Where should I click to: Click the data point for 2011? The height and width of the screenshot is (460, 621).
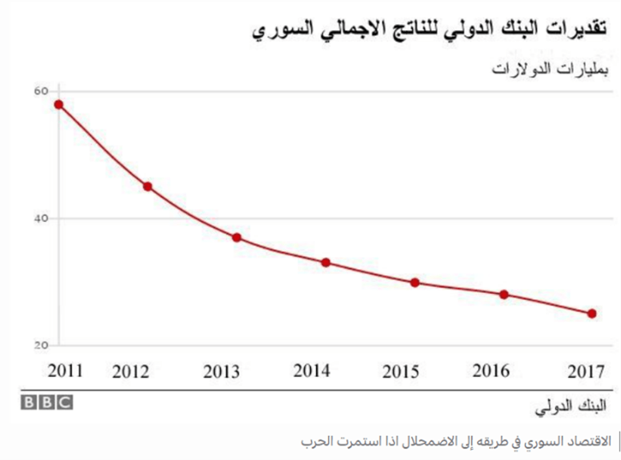(x=58, y=105)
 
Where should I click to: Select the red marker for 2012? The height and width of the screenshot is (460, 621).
(x=147, y=187)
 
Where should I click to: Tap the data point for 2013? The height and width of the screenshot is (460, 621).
(x=236, y=237)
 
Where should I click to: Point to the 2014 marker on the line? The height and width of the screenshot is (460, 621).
(x=326, y=263)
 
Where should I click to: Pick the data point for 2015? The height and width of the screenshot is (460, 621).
(x=415, y=283)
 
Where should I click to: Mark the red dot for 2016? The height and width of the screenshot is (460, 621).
(x=504, y=294)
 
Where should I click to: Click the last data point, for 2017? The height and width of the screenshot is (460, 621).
(x=592, y=313)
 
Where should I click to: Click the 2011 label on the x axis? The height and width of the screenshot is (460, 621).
(x=65, y=371)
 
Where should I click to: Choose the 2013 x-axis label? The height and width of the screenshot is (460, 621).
(x=222, y=372)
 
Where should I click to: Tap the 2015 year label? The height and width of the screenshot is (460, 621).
(x=400, y=372)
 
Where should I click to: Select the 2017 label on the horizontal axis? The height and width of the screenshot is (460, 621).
(x=586, y=372)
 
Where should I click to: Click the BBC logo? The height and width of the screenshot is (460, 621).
(x=47, y=403)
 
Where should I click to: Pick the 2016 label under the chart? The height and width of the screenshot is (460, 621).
(x=491, y=371)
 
